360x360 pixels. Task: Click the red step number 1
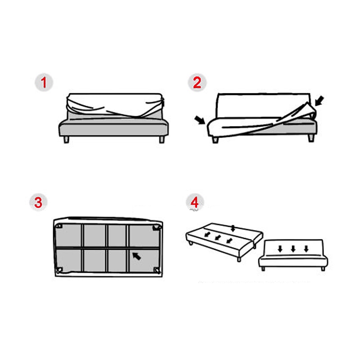[44, 82]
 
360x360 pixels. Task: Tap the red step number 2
[197, 83]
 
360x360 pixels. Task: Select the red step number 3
[38, 202]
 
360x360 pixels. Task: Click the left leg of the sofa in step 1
[66, 139]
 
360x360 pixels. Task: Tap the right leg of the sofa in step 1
[162, 139]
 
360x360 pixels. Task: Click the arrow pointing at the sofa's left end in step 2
[199, 120]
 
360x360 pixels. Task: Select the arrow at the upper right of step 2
[319, 101]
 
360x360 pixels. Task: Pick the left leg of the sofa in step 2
[216, 140]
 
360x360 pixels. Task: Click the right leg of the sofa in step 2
[311, 138]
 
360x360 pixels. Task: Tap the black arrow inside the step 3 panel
[136, 256]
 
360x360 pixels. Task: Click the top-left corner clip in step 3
[59, 226]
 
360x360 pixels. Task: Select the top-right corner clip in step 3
[157, 228]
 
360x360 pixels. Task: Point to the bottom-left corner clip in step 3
[59, 270]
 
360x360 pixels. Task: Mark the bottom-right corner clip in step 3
[157, 270]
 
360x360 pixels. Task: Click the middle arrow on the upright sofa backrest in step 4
[293, 249]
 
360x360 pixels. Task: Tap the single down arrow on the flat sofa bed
[233, 229]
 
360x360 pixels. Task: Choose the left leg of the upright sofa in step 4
[263, 269]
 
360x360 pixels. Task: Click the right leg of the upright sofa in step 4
[323, 269]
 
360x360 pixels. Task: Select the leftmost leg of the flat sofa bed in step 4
[190, 243]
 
